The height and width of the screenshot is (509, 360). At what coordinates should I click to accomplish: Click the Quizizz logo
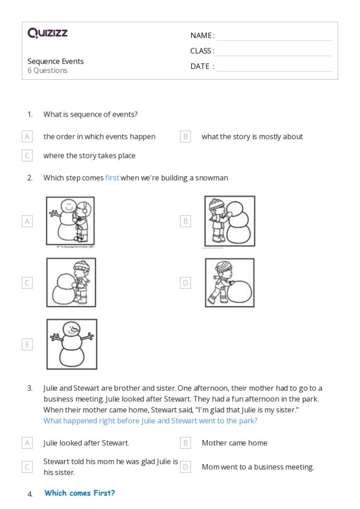coord(47,33)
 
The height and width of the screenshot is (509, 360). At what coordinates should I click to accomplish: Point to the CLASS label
coord(202,51)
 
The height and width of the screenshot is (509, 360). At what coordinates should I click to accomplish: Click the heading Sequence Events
coord(56,61)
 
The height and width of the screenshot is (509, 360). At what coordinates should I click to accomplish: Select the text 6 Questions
coord(47,70)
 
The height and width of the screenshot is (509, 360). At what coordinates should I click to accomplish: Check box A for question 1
coord(27,137)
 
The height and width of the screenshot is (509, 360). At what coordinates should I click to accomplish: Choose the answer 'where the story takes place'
coord(89,155)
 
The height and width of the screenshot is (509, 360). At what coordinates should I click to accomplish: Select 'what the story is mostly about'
coord(252,137)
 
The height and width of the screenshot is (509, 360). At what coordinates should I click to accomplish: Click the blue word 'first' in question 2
coord(112,178)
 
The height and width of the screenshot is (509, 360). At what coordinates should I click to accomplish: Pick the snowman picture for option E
coord(71,344)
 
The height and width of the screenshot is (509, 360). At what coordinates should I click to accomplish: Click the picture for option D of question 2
coord(229,283)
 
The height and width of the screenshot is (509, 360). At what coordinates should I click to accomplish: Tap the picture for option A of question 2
coord(70,220)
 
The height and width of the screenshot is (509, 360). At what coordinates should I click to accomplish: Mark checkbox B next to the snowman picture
coord(186,221)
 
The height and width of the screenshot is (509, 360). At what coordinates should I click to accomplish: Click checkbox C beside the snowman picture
coord(27,283)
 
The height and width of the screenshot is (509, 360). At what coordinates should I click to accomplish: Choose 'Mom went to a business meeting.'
coord(258,467)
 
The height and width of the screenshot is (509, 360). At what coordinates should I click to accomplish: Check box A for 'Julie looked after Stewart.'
coord(27,443)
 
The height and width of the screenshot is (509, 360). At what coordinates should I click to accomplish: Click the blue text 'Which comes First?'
coord(80,493)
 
